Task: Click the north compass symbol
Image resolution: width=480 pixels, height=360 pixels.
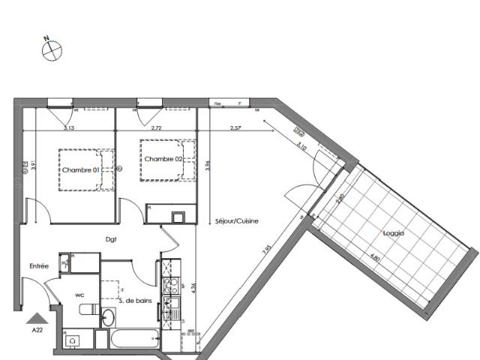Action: pyautogui.click(x=51, y=49)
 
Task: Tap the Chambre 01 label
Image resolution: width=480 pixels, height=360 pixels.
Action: pyautogui.click(x=79, y=170)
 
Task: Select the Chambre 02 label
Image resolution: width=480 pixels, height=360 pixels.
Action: pyautogui.click(x=163, y=159)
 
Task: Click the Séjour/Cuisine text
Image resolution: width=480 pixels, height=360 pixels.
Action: pyautogui.click(x=236, y=223)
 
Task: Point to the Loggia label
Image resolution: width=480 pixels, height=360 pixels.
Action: pyautogui.click(x=392, y=233)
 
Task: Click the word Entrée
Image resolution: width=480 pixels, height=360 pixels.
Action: pyautogui.click(x=39, y=265)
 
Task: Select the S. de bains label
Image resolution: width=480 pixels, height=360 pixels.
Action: pyautogui.click(x=136, y=301)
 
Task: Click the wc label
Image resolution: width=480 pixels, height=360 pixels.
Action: pyautogui.click(x=78, y=294)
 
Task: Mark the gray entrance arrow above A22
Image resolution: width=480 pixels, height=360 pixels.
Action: pyautogui.click(x=36, y=318)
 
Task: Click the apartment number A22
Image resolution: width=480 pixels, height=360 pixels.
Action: pyautogui.click(x=37, y=329)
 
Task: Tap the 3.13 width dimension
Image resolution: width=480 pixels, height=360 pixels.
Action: pyautogui.click(x=69, y=128)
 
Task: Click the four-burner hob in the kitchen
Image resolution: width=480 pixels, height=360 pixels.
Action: pyautogui.click(x=171, y=284)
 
